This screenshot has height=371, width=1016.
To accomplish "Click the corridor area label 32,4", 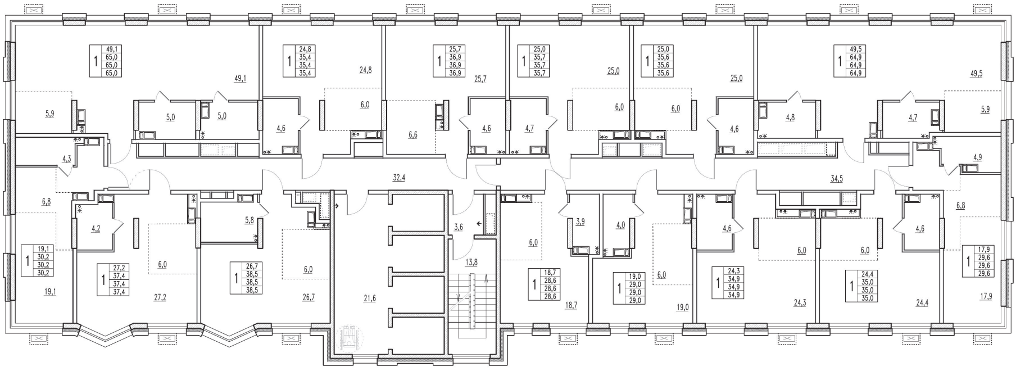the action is pyautogui.click(x=399, y=178).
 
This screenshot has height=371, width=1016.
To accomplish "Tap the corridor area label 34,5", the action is pyautogui.click(x=837, y=179).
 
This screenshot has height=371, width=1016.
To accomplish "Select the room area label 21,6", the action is pyautogui.click(x=369, y=298).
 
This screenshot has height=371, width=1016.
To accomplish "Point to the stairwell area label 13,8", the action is pyautogui.click(x=471, y=263).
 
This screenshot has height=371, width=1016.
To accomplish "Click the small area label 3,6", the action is pyautogui.click(x=459, y=227).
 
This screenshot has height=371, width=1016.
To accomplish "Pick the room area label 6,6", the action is pyautogui.click(x=412, y=135).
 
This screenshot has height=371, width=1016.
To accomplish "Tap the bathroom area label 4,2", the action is pyautogui.click(x=96, y=229).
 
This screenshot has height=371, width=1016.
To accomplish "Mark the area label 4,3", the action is pyautogui.click(x=67, y=159).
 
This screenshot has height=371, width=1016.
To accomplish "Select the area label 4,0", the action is pyautogui.click(x=620, y=225).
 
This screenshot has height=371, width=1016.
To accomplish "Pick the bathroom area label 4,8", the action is pyautogui.click(x=790, y=118).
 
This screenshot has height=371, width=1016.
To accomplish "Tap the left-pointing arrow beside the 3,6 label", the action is pyautogui.click(x=478, y=224).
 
